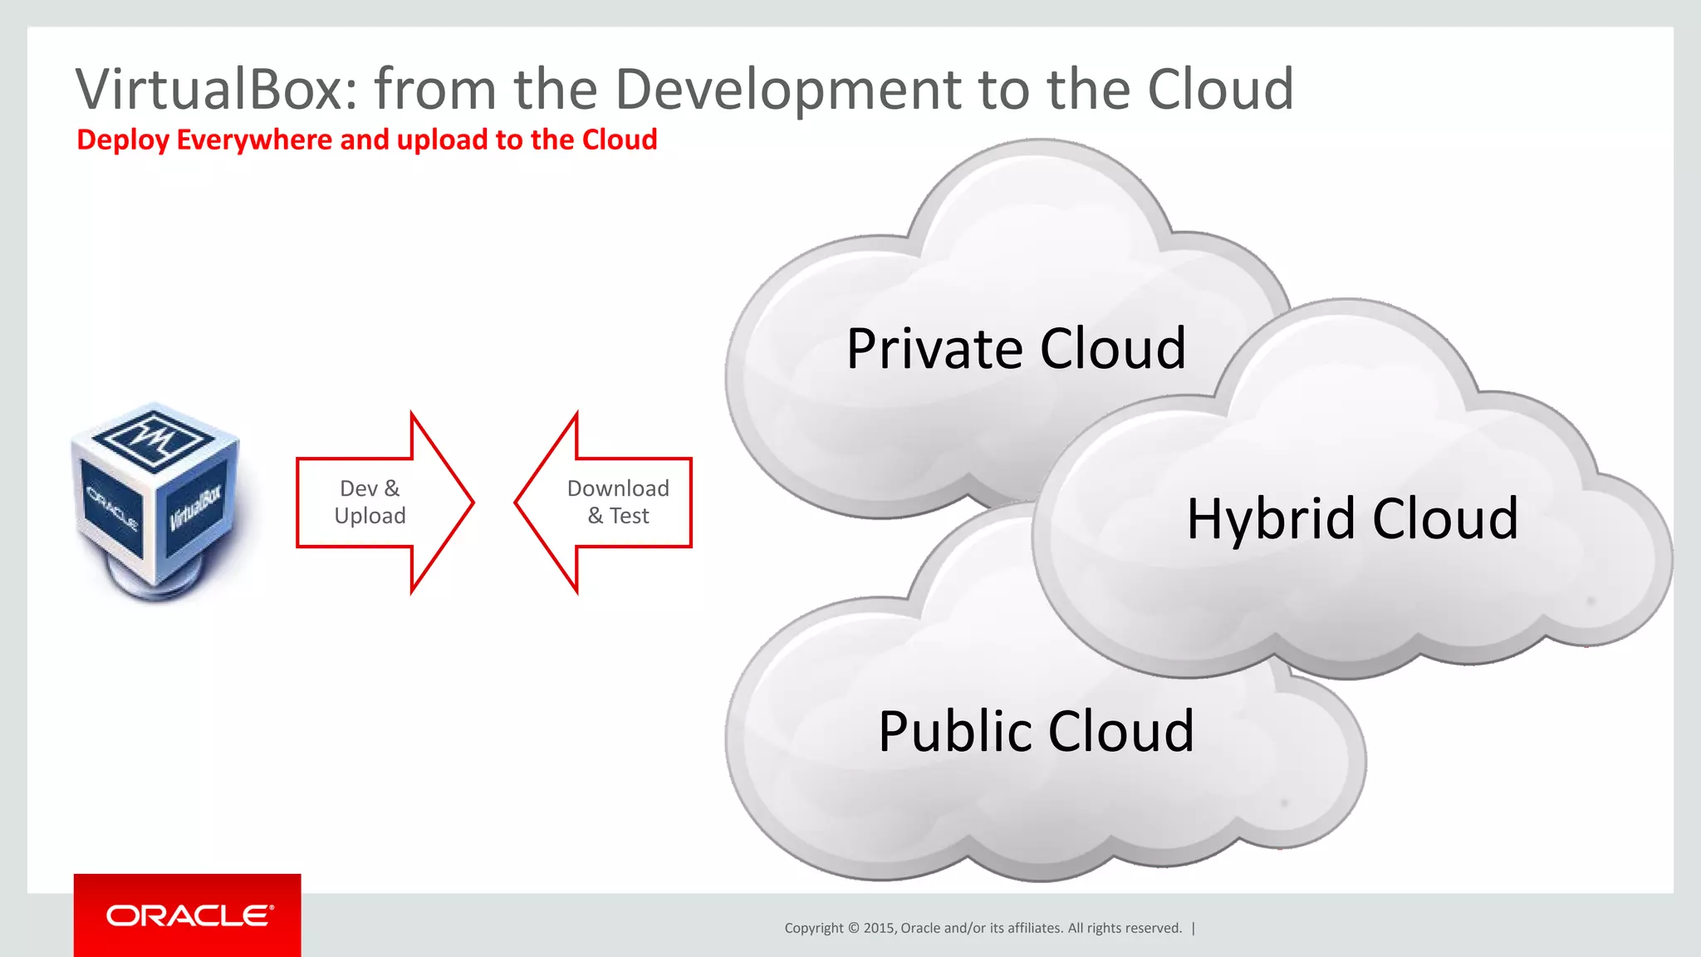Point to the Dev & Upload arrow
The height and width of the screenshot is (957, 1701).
pos(384,502)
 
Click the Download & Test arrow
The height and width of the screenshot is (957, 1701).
pos(604,502)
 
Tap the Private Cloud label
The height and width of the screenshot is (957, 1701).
pos(1016,348)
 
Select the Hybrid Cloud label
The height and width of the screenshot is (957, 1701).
pos(1352,518)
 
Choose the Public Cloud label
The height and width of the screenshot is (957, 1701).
pos(1036,731)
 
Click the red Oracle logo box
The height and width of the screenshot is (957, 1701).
pos(188,915)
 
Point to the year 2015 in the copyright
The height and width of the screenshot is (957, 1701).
pos(879,928)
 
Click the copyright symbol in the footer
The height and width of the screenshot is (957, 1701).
pos(854,928)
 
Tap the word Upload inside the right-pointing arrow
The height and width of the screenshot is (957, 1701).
pos(370,516)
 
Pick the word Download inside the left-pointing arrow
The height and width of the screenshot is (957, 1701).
pos(618,488)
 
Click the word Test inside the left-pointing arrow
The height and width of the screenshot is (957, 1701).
pos(630,516)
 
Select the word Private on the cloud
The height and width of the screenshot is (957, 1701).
pos(935,348)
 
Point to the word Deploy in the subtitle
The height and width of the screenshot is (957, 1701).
pos(123,140)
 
